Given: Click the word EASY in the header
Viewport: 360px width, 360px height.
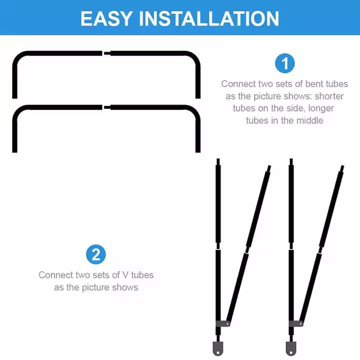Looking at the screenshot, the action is pyautogui.click(x=106, y=19).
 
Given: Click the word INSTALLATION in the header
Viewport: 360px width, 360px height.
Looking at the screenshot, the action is pyautogui.click(x=209, y=19).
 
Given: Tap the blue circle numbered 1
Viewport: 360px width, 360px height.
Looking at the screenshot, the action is pyautogui.click(x=284, y=63).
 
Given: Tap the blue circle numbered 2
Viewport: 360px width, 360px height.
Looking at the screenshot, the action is pyautogui.click(x=96, y=254).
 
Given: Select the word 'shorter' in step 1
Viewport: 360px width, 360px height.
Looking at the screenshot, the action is pyautogui.click(x=329, y=96).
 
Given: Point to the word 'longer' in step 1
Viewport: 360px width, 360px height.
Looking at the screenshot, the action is pyautogui.click(x=321, y=108).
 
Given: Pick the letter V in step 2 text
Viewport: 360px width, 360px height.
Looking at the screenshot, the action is pyautogui.click(x=125, y=275).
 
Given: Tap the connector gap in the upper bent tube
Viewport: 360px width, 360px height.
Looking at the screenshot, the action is pyautogui.click(x=106, y=53).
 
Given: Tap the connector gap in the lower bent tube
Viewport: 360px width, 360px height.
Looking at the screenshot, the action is pyautogui.click(x=106, y=107).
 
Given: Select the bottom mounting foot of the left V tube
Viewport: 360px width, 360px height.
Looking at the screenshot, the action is pyautogui.click(x=218, y=348).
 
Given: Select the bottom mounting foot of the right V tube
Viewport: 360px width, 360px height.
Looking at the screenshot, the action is pyautogui.click(x=291, y=348).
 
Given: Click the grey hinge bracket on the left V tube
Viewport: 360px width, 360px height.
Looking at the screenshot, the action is pyautogui.click(x=222, y=323).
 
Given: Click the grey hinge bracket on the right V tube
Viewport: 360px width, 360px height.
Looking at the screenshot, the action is pyautogui.click(x=296, y=323).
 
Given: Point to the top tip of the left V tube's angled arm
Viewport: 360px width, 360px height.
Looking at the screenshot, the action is pyautogui.click(x=269, y=166).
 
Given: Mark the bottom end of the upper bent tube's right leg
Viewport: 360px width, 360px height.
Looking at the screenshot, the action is pyautogui.click(x=198, y=98).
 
